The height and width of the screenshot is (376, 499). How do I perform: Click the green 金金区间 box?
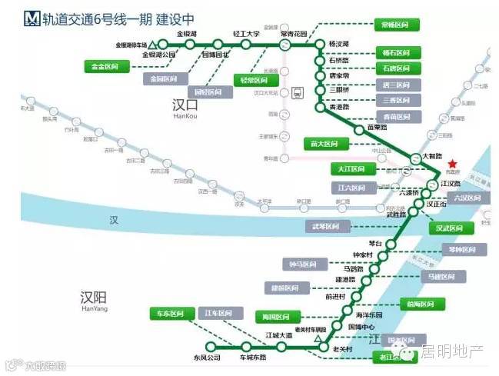pos(105,68)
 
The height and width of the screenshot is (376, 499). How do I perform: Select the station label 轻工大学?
pos(247,35)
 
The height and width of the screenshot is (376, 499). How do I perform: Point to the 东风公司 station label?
pos(207,358)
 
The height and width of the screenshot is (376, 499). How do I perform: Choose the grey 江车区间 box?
pos(218,314)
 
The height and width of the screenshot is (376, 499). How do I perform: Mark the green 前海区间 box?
pos(421,303)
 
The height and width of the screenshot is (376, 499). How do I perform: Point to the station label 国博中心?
pos(360,326)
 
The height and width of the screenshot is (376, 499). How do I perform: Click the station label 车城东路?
pos(252,358)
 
